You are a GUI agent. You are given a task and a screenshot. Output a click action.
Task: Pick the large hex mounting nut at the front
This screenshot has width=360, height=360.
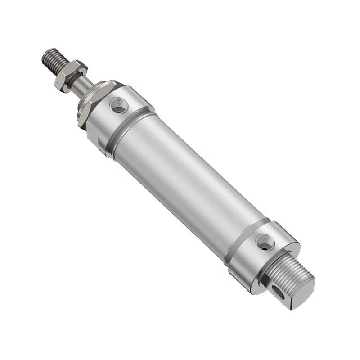(x=85, y=108)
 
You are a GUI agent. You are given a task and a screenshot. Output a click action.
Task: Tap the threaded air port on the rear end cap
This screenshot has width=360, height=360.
(x=265, y=242)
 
